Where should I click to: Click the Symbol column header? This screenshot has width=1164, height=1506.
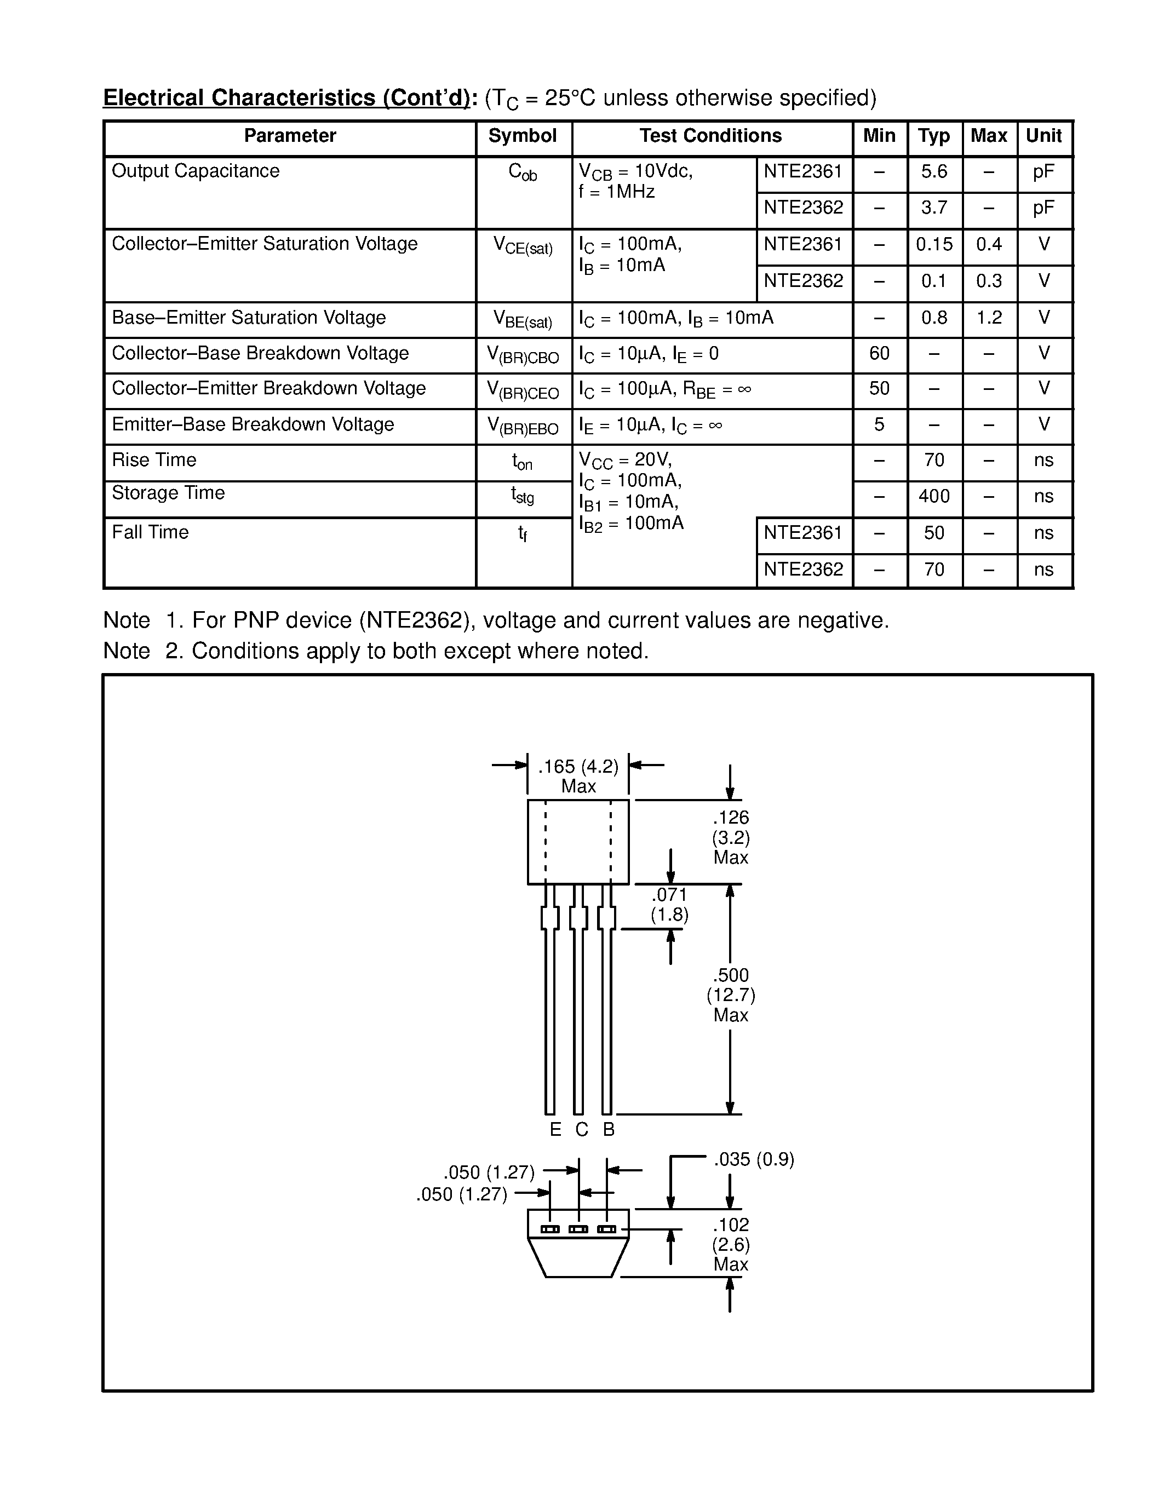click(x=522, y=136)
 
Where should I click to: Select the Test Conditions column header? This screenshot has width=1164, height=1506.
click(x=710, y=136)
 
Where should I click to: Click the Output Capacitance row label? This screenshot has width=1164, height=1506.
click(x=196, y=171)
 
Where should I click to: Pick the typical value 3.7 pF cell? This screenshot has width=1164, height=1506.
click(x=934, y=208)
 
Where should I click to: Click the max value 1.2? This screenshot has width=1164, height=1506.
click(x=989, y=318)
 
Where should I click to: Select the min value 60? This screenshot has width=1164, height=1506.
click(x=879, y=354)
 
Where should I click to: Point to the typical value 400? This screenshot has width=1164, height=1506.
click(x=934, y=497)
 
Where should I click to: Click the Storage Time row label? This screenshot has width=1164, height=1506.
click(x=168, y=493)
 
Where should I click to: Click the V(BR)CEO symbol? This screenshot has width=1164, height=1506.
click(x=523, y=390)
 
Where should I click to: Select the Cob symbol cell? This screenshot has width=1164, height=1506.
click(x=522, y=173)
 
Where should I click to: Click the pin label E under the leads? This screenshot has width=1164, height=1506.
click(x=555, y=1129)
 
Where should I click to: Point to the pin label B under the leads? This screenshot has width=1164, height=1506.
click(x=608, y=1129)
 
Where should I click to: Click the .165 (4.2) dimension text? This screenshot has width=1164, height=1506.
click(x=578, y=767)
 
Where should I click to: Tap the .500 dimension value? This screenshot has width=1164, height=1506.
click(x=731, y=975)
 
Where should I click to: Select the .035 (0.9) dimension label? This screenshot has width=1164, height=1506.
click(x=754, y=1160)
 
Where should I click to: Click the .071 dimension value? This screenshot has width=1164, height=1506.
click(x=669, y=895)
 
